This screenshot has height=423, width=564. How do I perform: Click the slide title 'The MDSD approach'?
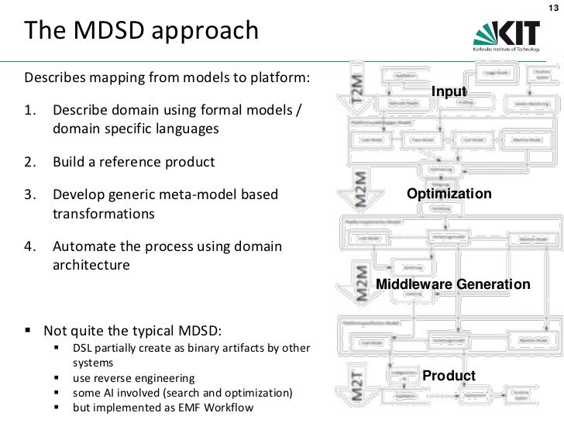click(141, 31)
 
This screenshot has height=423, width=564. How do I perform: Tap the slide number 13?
click(552, 8)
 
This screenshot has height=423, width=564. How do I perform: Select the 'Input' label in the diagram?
click(449, 93)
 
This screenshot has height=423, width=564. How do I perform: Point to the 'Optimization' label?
click(449, 193)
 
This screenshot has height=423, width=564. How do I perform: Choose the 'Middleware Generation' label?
click(453, 285)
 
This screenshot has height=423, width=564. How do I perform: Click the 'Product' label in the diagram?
click(449, 377)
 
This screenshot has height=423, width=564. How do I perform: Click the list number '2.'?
click(32, 163)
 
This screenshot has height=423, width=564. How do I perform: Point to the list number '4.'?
click(32, 247)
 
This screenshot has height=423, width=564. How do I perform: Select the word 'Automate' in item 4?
click(81, 247)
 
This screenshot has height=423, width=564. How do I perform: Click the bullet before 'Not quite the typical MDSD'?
click(29, 331)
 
